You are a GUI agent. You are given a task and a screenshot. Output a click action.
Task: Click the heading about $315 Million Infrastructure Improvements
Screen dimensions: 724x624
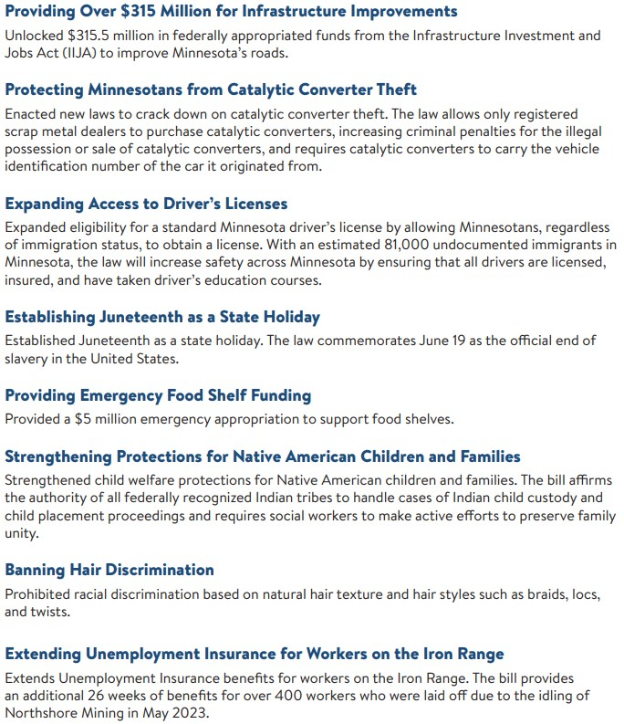231,12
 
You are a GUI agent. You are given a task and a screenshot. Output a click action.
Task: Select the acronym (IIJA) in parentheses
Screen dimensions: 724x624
79,52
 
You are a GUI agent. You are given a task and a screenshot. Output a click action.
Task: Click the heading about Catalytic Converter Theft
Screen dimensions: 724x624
211,89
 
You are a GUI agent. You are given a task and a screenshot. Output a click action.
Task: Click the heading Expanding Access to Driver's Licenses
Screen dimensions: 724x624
146,204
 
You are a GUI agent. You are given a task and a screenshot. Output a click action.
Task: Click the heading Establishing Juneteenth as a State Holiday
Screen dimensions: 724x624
162,317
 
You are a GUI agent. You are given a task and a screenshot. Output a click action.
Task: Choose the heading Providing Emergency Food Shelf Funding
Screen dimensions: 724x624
158,395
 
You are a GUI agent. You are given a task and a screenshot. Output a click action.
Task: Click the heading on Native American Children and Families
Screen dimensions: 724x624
263,456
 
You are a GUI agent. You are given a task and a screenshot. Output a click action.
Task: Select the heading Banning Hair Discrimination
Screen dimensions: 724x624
109,570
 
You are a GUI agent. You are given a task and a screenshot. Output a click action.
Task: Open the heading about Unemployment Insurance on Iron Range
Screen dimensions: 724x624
255,654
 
